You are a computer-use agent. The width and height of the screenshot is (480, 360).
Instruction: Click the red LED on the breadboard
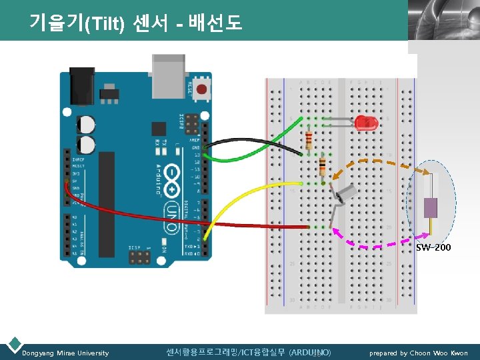pos(365,122)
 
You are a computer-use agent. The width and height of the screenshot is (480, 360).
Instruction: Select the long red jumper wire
pos(147,215)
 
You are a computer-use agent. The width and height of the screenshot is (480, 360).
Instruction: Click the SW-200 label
pos(433,247)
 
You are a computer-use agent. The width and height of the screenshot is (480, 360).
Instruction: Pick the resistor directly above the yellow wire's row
pos(323,165)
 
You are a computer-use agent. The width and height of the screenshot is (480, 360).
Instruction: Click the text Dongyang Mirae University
pos(65,353)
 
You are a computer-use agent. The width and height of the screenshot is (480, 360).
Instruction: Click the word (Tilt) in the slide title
pos(102,23)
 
